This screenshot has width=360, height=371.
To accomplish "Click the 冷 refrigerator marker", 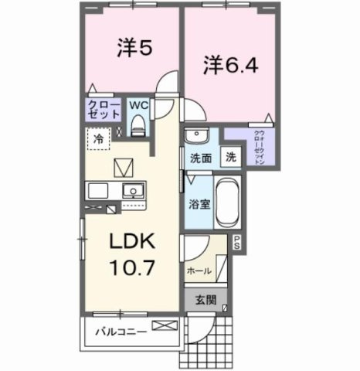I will [x=99, y=140].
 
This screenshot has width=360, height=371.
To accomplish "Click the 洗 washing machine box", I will [x=231, y=156].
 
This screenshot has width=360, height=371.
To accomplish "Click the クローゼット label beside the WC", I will [x=102, y=108].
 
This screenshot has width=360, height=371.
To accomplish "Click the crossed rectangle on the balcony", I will [x=164, y=328].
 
